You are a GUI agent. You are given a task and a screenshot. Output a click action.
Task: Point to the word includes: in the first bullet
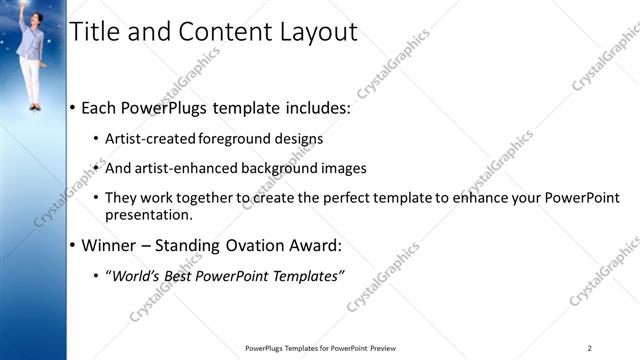pos(312,108)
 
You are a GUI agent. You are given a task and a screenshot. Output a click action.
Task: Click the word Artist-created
pos(151,139)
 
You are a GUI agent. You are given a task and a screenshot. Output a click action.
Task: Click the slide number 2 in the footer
pos(590,348)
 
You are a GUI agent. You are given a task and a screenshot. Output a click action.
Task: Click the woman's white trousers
pos(33,80)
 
